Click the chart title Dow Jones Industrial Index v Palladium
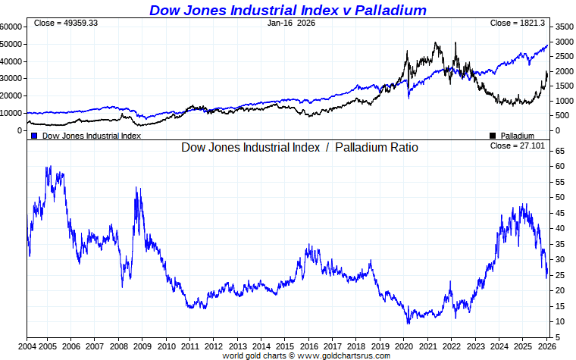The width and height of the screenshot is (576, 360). [x=287, y=10]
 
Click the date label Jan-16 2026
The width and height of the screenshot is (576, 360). [x=291, y=23]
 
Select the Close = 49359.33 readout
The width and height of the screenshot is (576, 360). [x=66, y=23]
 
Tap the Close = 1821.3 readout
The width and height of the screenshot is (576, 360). [x=518, y=23]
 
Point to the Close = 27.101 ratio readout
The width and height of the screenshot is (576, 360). [x=518, y=146]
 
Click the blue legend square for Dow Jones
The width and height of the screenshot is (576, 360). [x=34, y=136]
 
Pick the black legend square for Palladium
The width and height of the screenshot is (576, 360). [x=493, y=136]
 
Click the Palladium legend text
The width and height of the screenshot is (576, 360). [x=518, y=136]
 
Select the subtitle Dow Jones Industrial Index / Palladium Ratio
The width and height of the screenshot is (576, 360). [x=299, y=147]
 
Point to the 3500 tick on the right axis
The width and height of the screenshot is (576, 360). [x=563, y=26]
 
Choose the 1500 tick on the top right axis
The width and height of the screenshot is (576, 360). [x=563, y=86]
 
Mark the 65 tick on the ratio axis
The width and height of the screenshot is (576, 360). [x=559, y=151]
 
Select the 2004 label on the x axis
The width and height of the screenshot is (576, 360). [x=27, y=346]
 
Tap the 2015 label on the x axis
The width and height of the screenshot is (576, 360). [x=285, y=346]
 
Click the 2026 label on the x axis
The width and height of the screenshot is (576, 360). [x=545, y=346]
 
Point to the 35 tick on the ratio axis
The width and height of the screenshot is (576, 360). [x=559, y=244]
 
